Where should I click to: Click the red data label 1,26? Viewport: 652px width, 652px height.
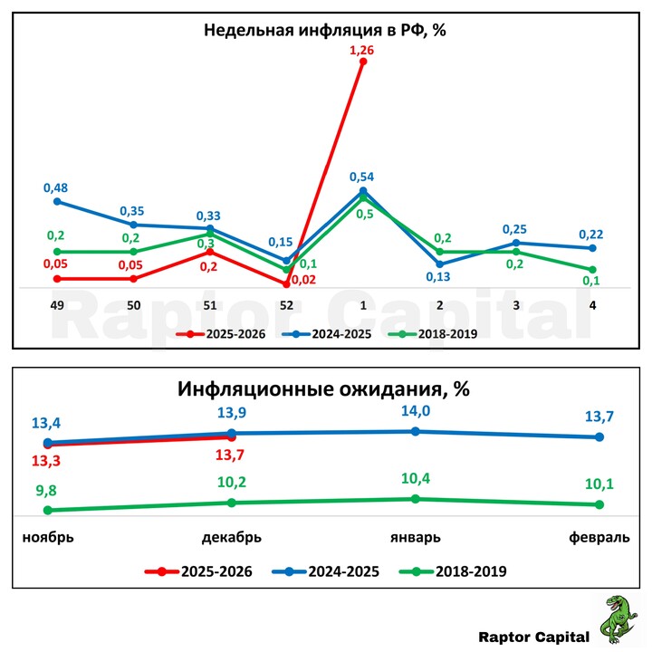point(362,50)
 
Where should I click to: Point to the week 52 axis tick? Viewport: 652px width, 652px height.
point(286,306)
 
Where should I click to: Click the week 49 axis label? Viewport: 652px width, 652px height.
point(56,306)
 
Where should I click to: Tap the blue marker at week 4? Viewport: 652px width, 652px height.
point(592,248)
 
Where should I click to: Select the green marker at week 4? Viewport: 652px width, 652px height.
point(592,270)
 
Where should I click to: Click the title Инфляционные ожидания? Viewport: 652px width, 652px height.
point(324,390)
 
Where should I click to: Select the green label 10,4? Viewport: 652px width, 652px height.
point(415,479)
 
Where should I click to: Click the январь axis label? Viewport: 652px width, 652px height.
point(415,537)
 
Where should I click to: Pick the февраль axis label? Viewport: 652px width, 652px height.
point(599,537)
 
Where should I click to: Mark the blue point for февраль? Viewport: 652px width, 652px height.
point(599,437)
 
